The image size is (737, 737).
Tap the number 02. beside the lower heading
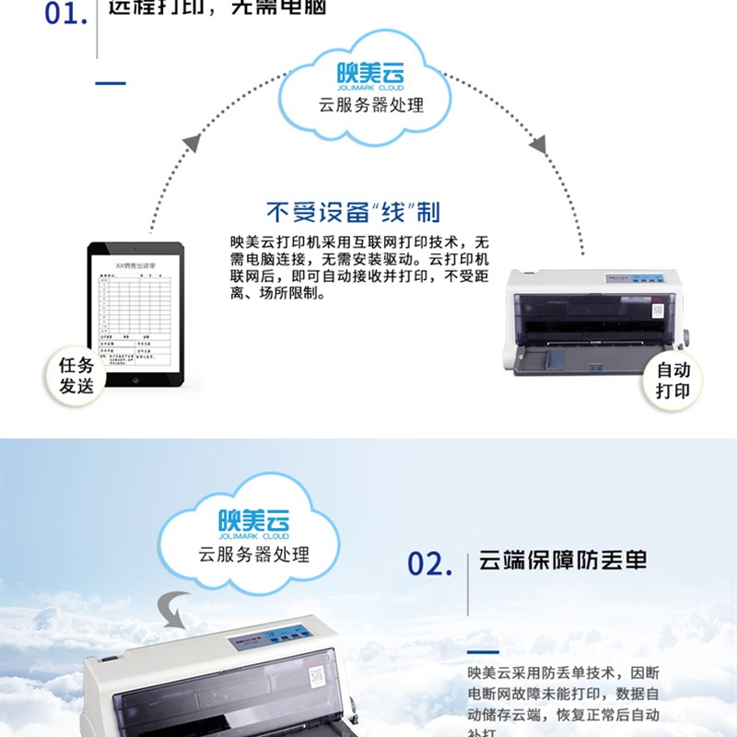(430, 564)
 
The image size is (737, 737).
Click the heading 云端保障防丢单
(563, 562)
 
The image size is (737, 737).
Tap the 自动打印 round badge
(673, 380)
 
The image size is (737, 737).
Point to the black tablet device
(135, 312)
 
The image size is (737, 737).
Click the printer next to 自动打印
(595, 323)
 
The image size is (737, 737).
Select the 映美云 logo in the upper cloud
(369, 71)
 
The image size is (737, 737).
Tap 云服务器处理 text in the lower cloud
(254, 555)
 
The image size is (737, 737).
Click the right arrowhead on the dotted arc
(537, 145)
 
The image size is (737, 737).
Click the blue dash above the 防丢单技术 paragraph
(484, 651)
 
